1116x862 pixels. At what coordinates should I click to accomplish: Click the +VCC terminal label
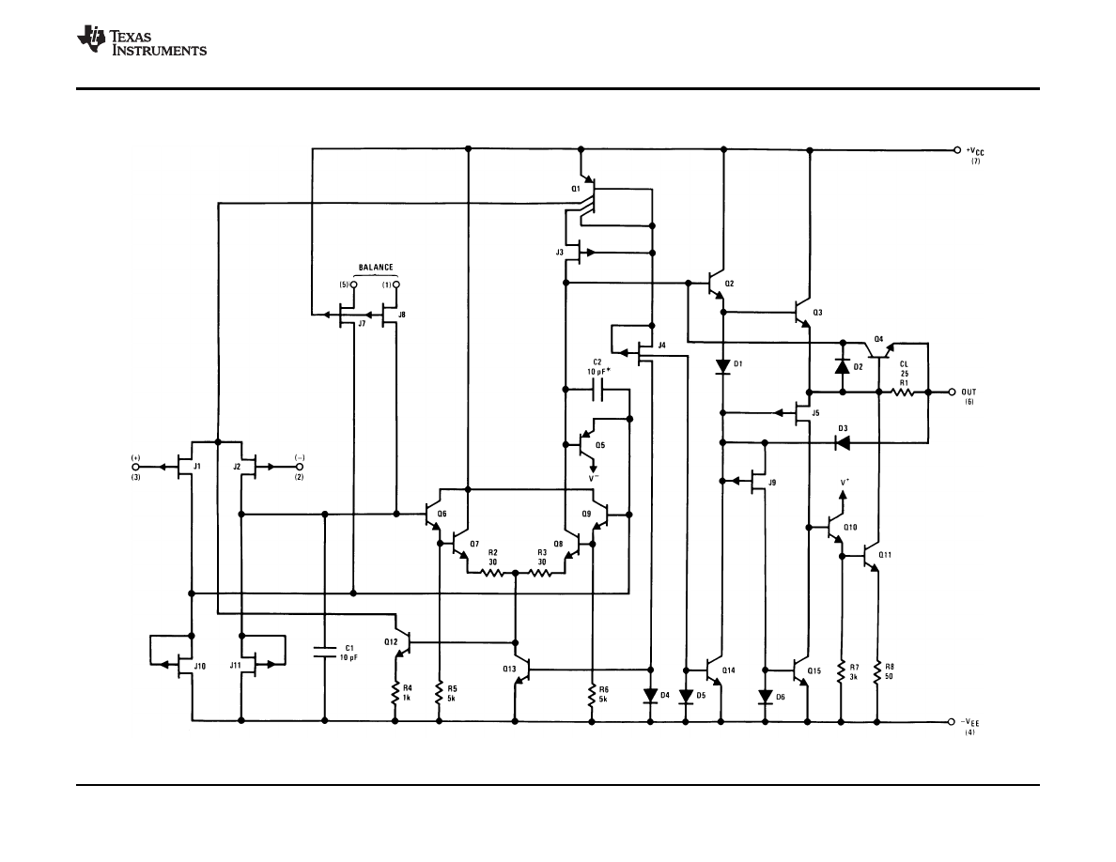[x=976, y=151]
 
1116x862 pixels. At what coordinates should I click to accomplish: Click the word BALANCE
[x=375, y=267]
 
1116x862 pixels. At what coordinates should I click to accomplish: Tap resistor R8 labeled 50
[x=877, y=674]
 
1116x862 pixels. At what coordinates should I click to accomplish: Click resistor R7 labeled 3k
[x=841, y=674]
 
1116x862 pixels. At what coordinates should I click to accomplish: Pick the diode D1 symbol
[x=722, y=365]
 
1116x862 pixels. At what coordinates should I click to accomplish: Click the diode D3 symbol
[x=842, y=442]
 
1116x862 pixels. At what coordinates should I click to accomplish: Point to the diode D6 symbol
[x=765, y=697]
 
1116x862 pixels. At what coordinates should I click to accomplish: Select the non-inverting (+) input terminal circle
[x=135, y=466]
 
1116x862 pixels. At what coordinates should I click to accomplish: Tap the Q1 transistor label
[x=575, y=189]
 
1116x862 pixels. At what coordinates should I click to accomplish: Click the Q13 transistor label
[x=508, y=669]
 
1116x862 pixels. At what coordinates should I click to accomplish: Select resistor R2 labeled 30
[x=492, y=570]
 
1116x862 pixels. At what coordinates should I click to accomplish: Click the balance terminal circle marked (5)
[x=353, y=285]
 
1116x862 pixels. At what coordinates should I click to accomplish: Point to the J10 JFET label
[x=199, y=665]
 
